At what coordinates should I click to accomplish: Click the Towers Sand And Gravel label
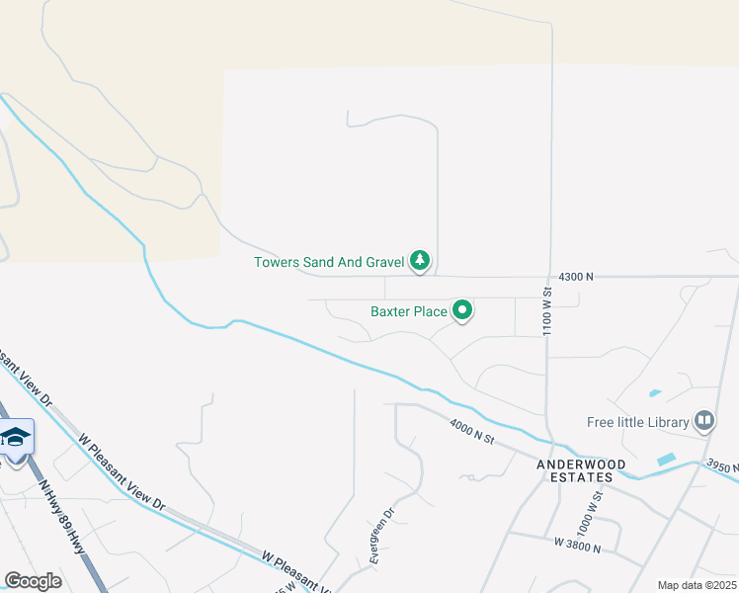click(329, 262)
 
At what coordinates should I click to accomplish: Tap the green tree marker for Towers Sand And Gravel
click(421, 261)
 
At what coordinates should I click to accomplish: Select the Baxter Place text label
click(409, 311)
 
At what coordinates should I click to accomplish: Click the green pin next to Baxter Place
click(462, 311)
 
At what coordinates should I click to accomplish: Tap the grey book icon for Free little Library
click(704, 422)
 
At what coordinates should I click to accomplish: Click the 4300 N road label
click(575, 278)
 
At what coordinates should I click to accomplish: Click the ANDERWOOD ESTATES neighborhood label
click(575, 469)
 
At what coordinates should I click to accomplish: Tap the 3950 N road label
click(721, 466)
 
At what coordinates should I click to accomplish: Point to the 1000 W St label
click(597, 494)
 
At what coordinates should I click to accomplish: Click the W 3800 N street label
click(577, 543)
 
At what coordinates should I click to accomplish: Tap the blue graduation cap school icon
click(16, 436)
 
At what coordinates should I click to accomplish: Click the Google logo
click(33, 581)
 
